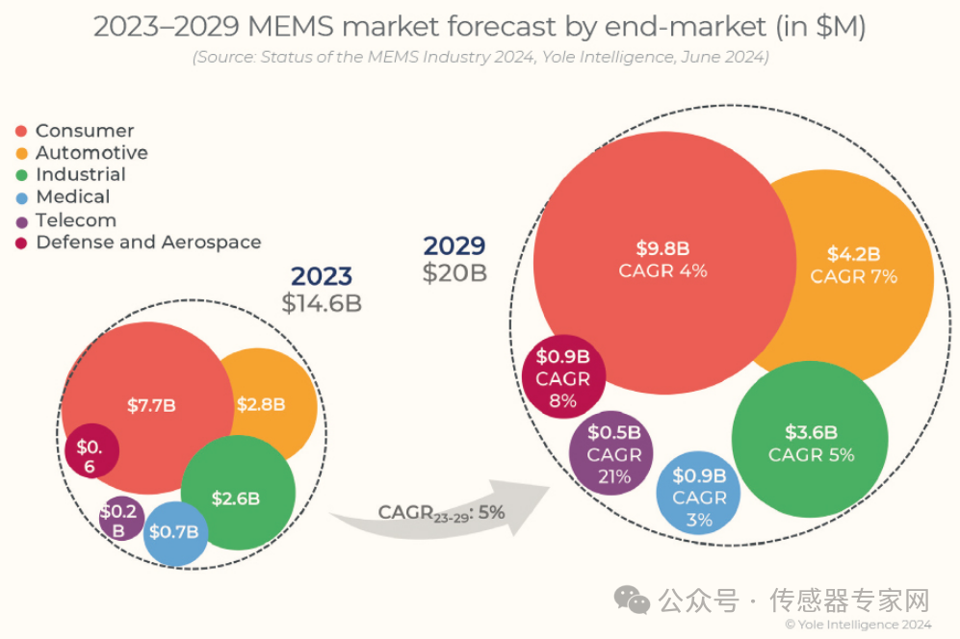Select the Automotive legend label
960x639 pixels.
click(91, 153)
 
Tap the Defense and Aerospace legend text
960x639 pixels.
click(148, 243)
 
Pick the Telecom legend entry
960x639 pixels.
click(75, 220)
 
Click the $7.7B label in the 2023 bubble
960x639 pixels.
click(151, 405)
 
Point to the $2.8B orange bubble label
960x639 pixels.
click(261, 404)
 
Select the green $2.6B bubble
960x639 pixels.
click(237, 498)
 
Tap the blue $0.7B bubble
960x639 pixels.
click(176, 532)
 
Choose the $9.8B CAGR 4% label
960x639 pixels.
click(662, 260)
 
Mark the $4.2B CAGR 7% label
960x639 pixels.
click(853, 266)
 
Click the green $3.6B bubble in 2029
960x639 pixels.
click(811, 443)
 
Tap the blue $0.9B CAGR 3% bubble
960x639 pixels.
click(699, 497)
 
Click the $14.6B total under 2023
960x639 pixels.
click(321, 303)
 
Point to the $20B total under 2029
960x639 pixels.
click(454, 273)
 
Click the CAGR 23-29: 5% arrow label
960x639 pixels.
click(441, 513)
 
